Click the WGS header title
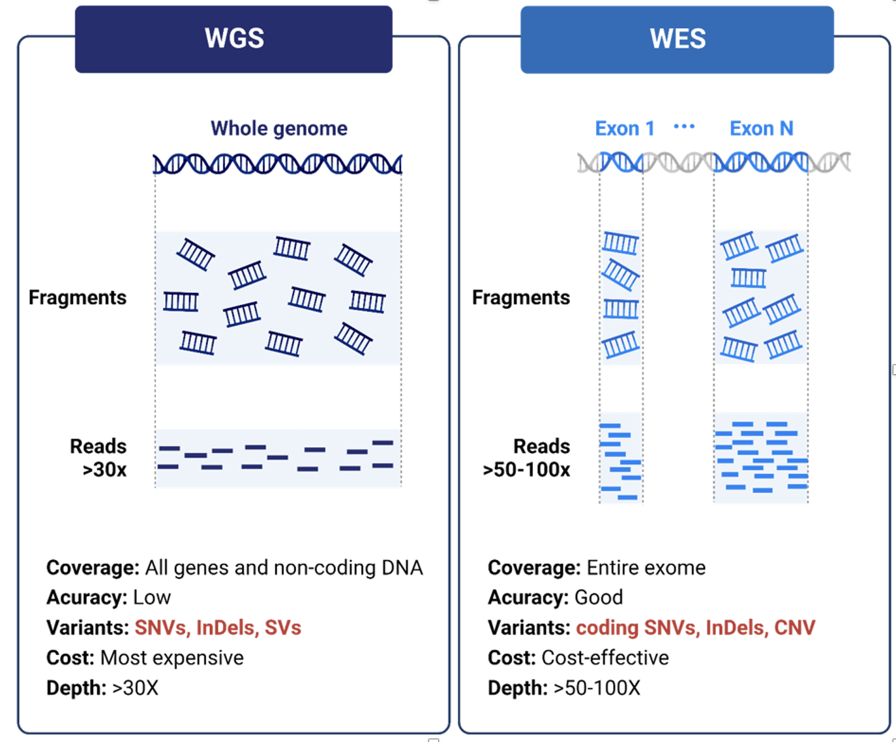(234, 38)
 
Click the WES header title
(678, 39)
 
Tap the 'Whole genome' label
(278, 128)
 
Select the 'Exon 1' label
(624, 128)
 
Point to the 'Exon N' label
(761, 128)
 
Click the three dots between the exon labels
(684, 126)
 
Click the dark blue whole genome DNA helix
(278, 164)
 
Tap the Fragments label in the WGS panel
(78, 297)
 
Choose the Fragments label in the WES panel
(521, 297)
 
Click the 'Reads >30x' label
(99, 458)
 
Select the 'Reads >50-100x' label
(528, 458)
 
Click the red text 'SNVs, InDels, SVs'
(218, 627)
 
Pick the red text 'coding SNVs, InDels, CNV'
(695, 627)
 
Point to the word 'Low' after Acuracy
(152, 597)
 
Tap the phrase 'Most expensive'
(172, 657)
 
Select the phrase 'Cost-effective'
(605, 657)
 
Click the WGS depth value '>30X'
(135, 688)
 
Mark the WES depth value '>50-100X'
(597, 688)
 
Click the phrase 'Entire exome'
(646, 567)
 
